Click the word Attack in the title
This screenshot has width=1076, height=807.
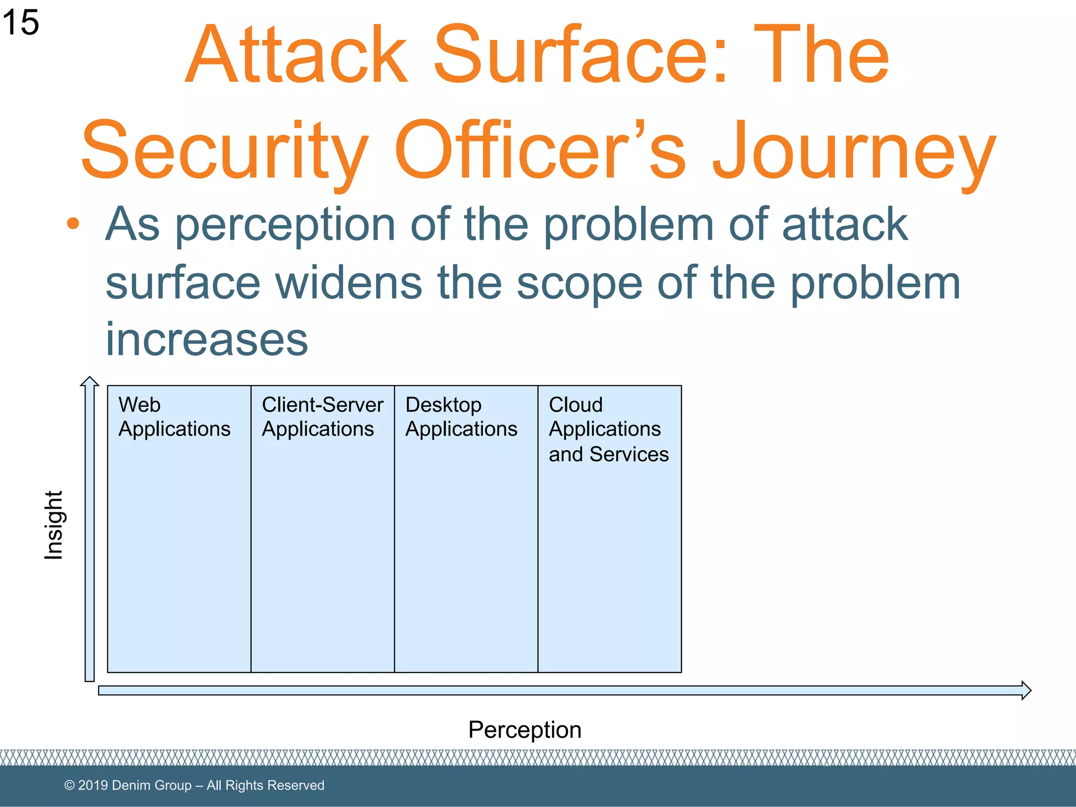click(x=297, y=55)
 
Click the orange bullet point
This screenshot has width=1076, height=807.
click(x=73, y=224)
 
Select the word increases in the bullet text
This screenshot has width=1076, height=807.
click(x=206, y=339)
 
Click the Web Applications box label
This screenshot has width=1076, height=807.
click(x=174, y=417)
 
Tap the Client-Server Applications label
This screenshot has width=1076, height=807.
click(x=322, y=417)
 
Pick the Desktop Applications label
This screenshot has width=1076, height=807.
click(x=461, y=417)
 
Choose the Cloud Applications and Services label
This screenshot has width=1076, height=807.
click(x=608, y=429)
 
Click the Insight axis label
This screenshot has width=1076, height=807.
click(x=54, y=525)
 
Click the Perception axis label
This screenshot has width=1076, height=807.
click(x=524, y=730)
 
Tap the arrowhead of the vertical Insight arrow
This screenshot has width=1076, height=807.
click(x=90, y=381)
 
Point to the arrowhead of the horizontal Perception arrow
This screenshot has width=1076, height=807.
click(x=1026, y=690)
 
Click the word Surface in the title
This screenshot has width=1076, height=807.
click(x=580, y=55)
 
